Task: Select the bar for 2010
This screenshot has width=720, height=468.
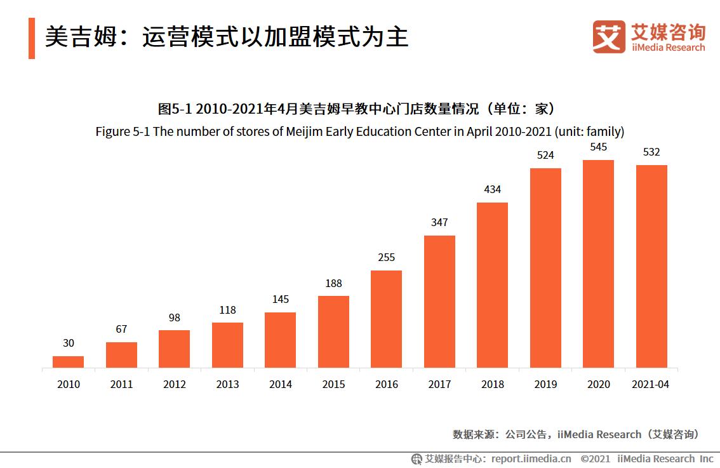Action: click(x=68, y=361)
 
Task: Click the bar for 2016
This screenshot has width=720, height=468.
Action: click(x=386, y=319)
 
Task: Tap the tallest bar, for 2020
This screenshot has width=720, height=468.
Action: click(x=598, y=264)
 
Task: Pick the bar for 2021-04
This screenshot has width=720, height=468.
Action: click(x=651, y=266)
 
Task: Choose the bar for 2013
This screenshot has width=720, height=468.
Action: click(x=227, y=345)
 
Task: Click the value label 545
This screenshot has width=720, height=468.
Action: click(x=598, y=147)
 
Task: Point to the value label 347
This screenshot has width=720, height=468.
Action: click(x=439, y=223)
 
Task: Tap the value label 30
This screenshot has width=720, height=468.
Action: click(x=68, y=344)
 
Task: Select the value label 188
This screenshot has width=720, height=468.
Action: click(x=333, y=284)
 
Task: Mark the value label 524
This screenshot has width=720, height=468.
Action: click(x=545, y=156)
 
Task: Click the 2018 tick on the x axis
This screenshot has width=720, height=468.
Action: click(x=492, y=385)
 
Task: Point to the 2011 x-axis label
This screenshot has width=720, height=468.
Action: click(x=121, y=385)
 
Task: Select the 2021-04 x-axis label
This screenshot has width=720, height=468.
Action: click(x=651, y=385)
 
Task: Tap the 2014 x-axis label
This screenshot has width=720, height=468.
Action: click(x=280, y=385)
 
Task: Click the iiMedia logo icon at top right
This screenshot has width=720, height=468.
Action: click(x=609, y=37)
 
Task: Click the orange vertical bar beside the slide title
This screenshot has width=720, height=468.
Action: click(x=32, y=38)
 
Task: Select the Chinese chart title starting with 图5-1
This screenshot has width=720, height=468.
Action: click(x=360, y=109)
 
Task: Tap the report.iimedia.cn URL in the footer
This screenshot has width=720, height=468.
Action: click(x=531, y=458)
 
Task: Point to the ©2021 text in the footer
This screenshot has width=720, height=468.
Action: click(x=595, y=458)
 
